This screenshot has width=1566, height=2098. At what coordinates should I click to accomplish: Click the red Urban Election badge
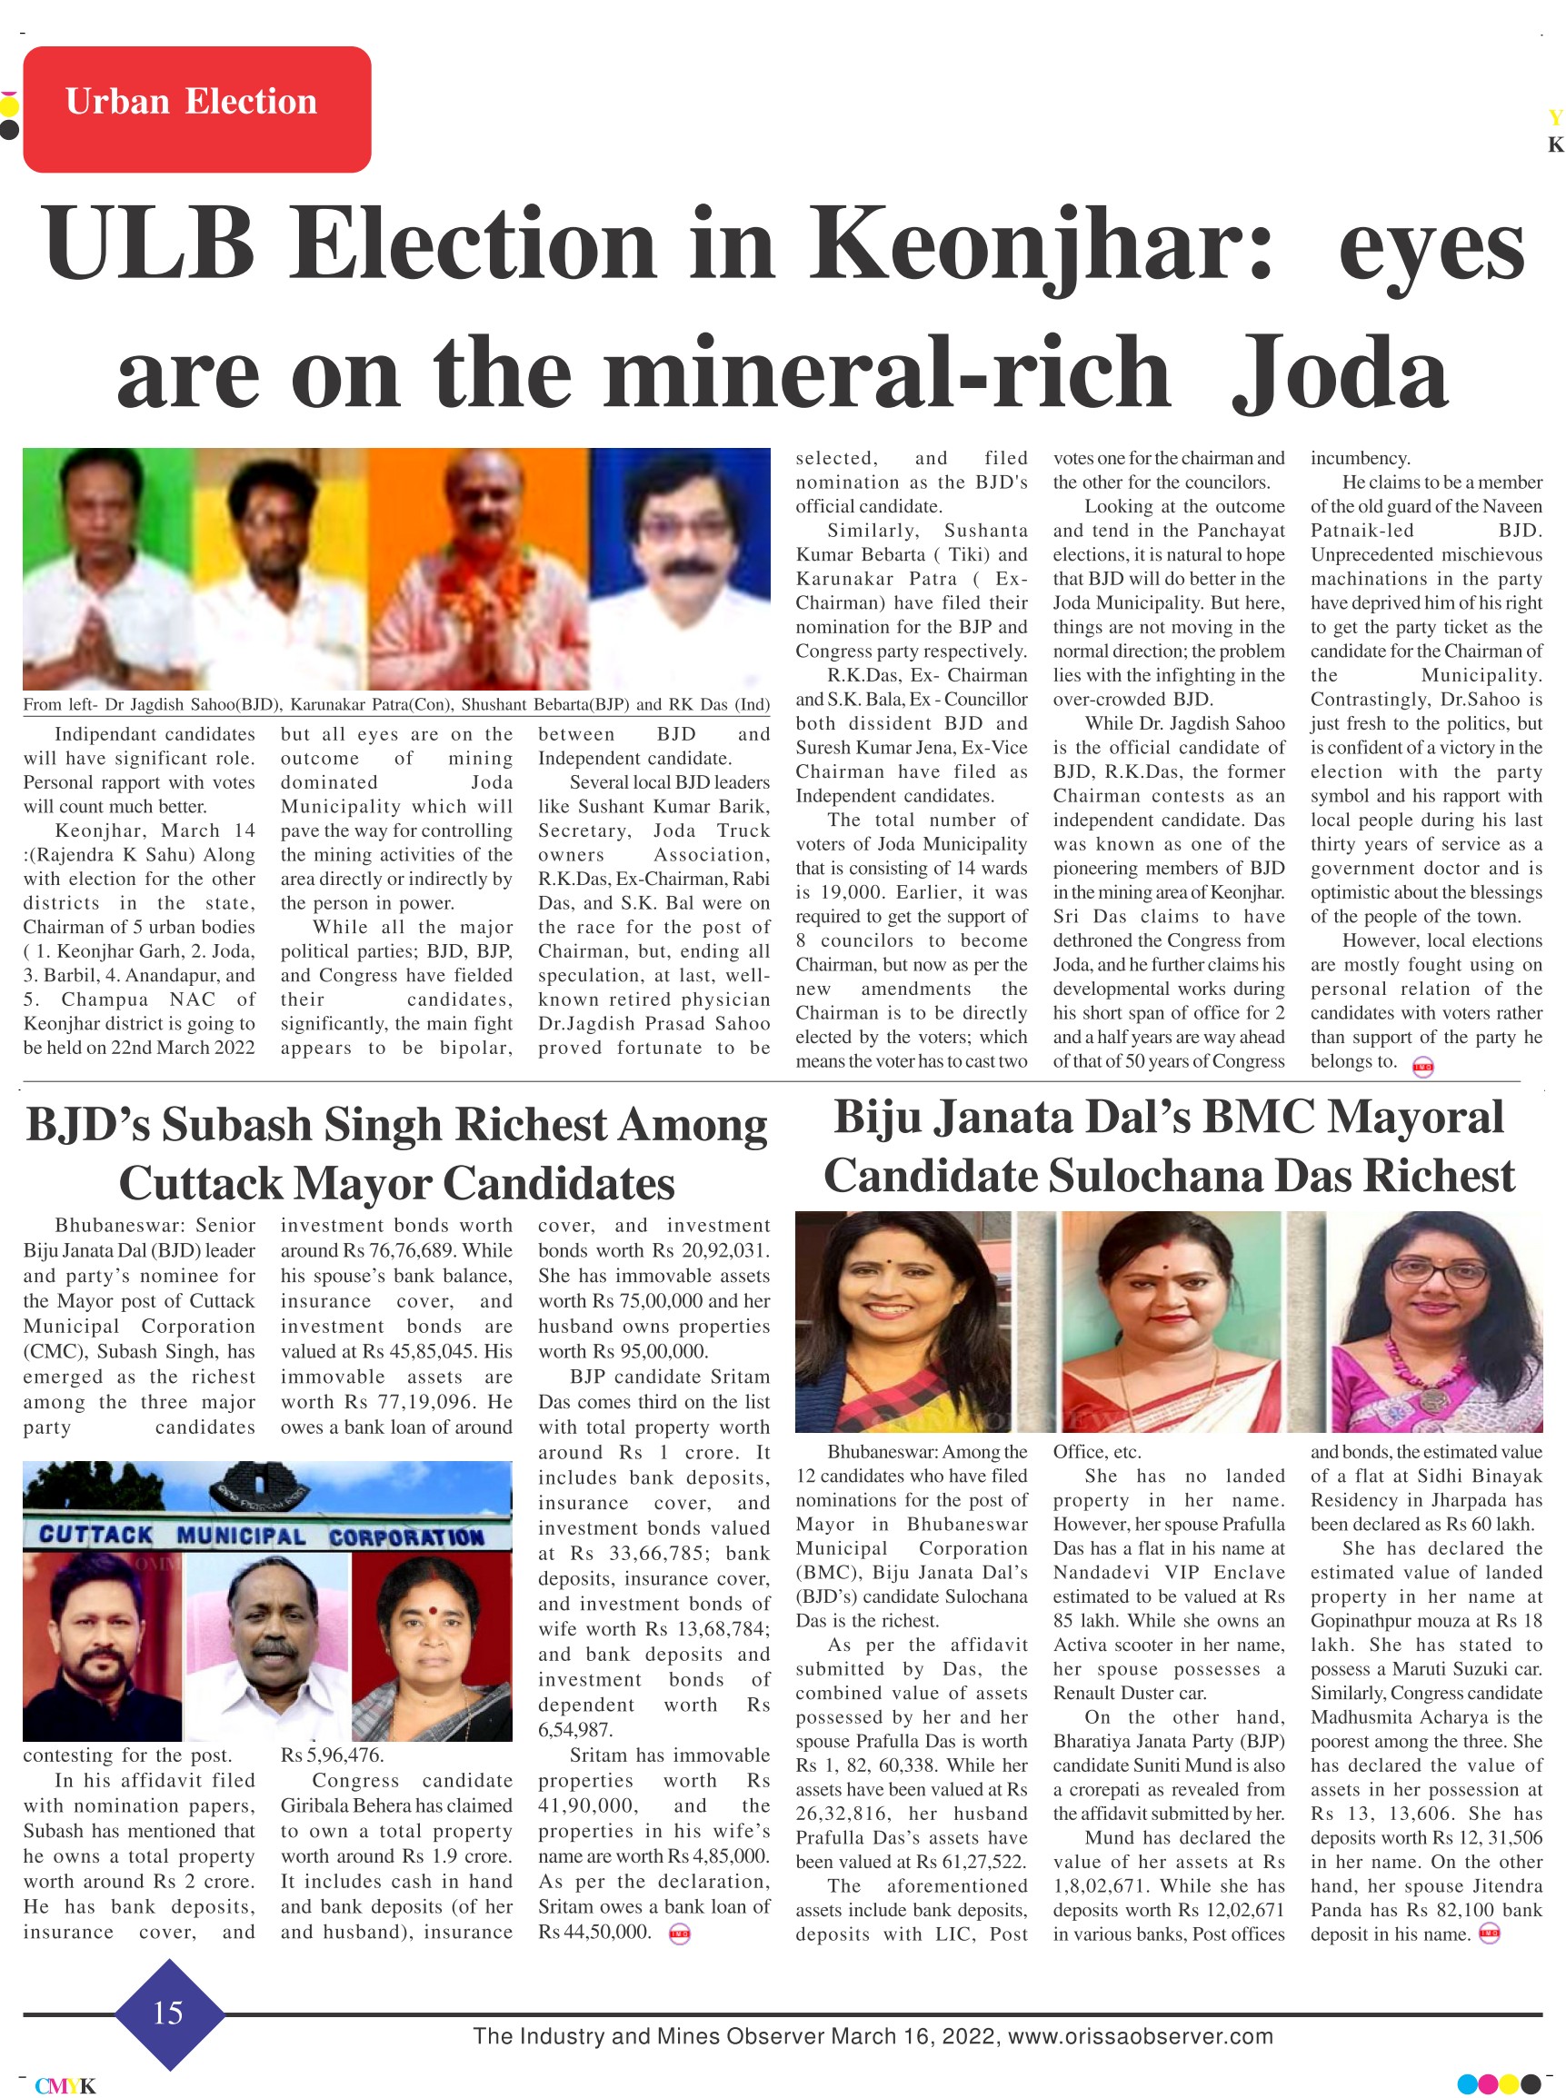(196, 109)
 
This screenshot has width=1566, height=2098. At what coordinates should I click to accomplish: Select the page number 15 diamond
(169, 2012)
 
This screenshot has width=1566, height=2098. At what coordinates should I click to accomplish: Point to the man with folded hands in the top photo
(95, 569)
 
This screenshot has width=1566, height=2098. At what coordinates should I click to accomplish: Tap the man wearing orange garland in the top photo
(479, 569)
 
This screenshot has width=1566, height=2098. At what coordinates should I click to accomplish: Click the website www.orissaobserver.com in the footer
(1141, 2036)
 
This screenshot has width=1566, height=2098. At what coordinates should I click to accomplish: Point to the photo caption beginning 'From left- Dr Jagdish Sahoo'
(396, 704)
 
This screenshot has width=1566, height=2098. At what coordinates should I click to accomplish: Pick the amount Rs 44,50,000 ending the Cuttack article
(594, 1932)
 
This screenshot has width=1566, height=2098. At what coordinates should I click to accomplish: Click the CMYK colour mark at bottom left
(65, 2085)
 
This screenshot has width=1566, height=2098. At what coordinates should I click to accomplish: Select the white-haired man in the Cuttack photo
(268, 1639)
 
